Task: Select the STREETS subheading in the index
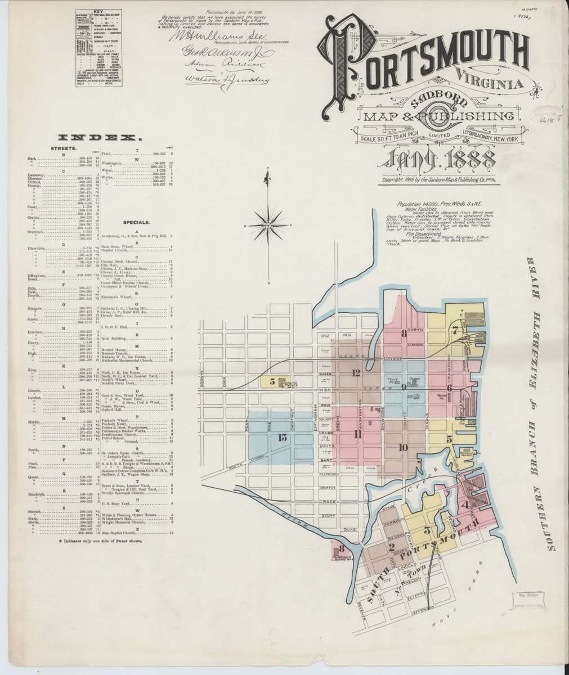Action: pyautogui.click(x=60, y=148)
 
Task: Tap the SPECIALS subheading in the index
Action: pyautogui.click(x=135, y=222)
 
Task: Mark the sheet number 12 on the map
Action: pyautogui.click(x=356, y=372)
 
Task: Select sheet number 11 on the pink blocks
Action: pyautogui.click(x=357, y=433)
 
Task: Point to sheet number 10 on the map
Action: pyautogui.click(x=402, y=447)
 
